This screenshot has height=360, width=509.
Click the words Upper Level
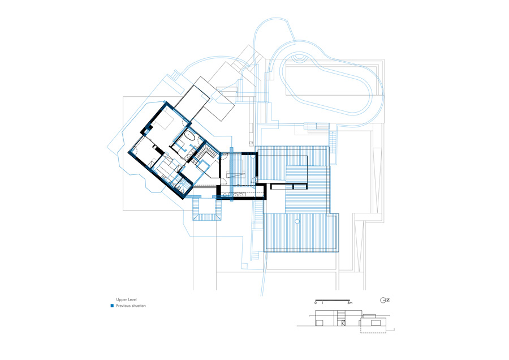[x=126, y=299]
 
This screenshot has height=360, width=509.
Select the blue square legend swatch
[x=112, y=306]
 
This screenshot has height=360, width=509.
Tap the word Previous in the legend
[x=123, y=306]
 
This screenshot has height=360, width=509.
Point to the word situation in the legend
[x=139, y=306]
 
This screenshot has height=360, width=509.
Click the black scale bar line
[x=333, y=300]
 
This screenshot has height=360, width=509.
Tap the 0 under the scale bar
[x=316, y=303]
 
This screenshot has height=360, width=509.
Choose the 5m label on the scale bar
[x=350, y=303]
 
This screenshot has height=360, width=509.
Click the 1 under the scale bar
[x=322, y=303]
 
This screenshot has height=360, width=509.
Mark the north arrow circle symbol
[x=383, y=301]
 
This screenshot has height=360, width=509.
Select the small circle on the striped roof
[x=297, y=221]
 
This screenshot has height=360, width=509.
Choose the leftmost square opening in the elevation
[x=320, y=322]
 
